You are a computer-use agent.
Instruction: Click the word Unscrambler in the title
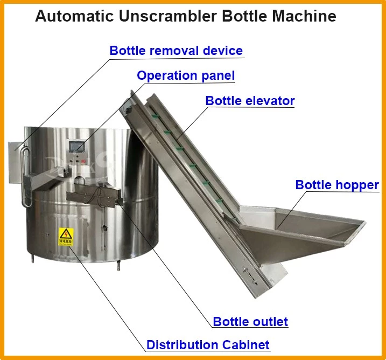pos(167,16)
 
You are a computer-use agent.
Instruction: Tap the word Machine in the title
pos(304,16)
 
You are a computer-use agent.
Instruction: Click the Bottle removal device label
pos(176,51)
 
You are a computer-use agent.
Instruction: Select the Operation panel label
pos(186,75)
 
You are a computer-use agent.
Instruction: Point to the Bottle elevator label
pos(250,101)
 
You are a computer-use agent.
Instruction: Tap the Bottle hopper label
pos(337,185)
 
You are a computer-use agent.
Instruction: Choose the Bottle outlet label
pos(250,322)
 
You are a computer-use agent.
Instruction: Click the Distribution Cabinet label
pos(208,345)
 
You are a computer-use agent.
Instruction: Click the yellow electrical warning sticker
pos(66,237)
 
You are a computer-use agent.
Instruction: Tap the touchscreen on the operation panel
pos(77,147)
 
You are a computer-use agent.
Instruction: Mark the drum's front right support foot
pos(118,266)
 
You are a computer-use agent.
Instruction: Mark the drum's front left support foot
pos(32,259)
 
